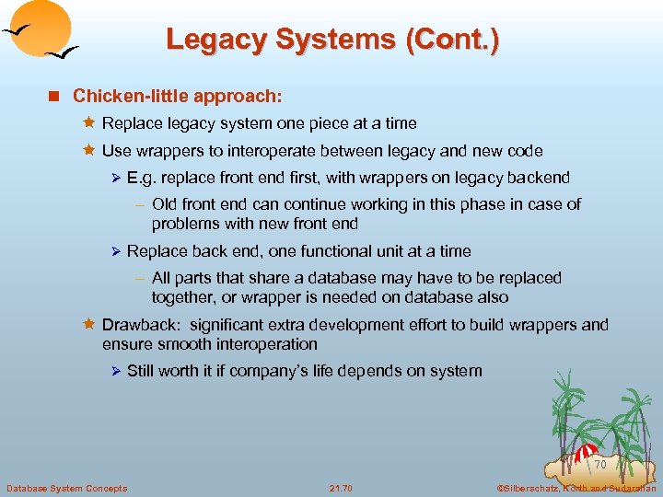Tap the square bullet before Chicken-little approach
[x=56, y=96]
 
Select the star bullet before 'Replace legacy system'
[x=89, y=123]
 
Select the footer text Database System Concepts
[x=66, y=487]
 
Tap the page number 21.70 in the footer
[x=340, y=487]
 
